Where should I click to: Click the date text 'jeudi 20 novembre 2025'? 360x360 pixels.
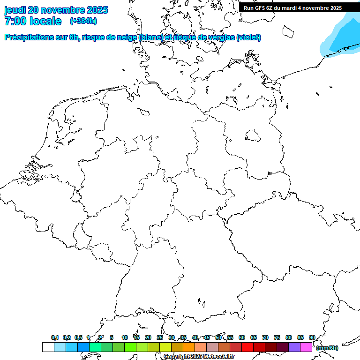coord(56,10)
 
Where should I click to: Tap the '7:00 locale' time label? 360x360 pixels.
coord(33,21)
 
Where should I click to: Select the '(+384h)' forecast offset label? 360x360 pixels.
coord(83,21)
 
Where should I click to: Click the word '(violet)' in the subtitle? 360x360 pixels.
coord(249,37)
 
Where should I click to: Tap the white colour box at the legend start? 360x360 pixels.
coord(48,347)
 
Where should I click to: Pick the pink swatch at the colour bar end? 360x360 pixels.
coord(306,347)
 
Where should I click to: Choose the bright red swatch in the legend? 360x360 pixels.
coord(247,347)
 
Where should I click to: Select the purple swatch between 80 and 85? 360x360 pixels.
coord(294,347)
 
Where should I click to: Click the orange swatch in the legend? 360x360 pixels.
coord(189,347)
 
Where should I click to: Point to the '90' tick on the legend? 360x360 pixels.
coord(312,337)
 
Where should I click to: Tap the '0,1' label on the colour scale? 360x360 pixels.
coord(55,337)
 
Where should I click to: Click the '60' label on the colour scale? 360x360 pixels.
coord(242,337)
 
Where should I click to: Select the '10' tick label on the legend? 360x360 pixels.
coord(125,337)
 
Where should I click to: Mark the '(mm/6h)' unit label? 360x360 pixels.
coord(327,348)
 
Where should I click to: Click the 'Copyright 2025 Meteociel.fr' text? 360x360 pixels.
coord(199,356)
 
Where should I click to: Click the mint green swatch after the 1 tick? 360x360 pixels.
coord(95,347)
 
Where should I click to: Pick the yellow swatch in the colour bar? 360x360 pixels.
coord(165,347)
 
